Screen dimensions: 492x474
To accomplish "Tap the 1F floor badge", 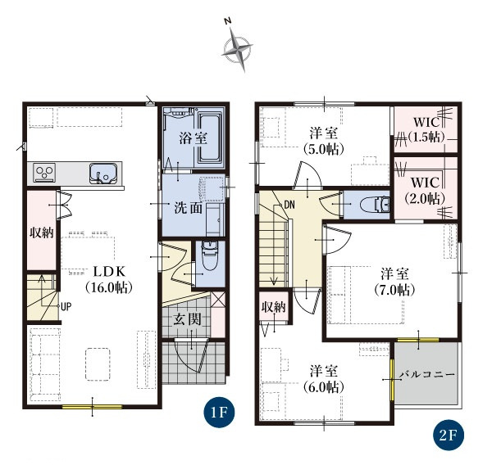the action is [219, 413].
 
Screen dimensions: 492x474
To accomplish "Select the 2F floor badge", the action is [448, 435].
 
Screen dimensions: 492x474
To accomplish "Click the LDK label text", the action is [109, 272].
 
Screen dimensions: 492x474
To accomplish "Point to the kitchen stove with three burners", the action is [44, 172].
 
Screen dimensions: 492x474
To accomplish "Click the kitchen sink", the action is [103, 173].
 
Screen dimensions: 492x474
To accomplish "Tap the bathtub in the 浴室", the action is [210, 138].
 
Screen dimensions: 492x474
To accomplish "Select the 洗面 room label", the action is [189, 208].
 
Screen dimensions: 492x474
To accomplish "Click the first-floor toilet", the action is [210, 255].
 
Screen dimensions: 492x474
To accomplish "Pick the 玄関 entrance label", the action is [187, 319].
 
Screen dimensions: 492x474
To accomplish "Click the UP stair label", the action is [66, 307].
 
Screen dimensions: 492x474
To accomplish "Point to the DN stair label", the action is [289, 205].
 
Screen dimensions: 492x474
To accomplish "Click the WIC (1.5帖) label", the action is [426, 129].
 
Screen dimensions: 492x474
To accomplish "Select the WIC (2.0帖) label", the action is [425, 190].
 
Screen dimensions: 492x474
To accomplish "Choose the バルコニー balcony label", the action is [427, 375].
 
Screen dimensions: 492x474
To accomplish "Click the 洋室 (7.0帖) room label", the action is [394, 282].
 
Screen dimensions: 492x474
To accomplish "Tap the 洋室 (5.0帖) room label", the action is [324, 141].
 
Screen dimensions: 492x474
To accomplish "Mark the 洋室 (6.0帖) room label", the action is [324, 379].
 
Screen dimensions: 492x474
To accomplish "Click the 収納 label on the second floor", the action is [274, 307].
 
